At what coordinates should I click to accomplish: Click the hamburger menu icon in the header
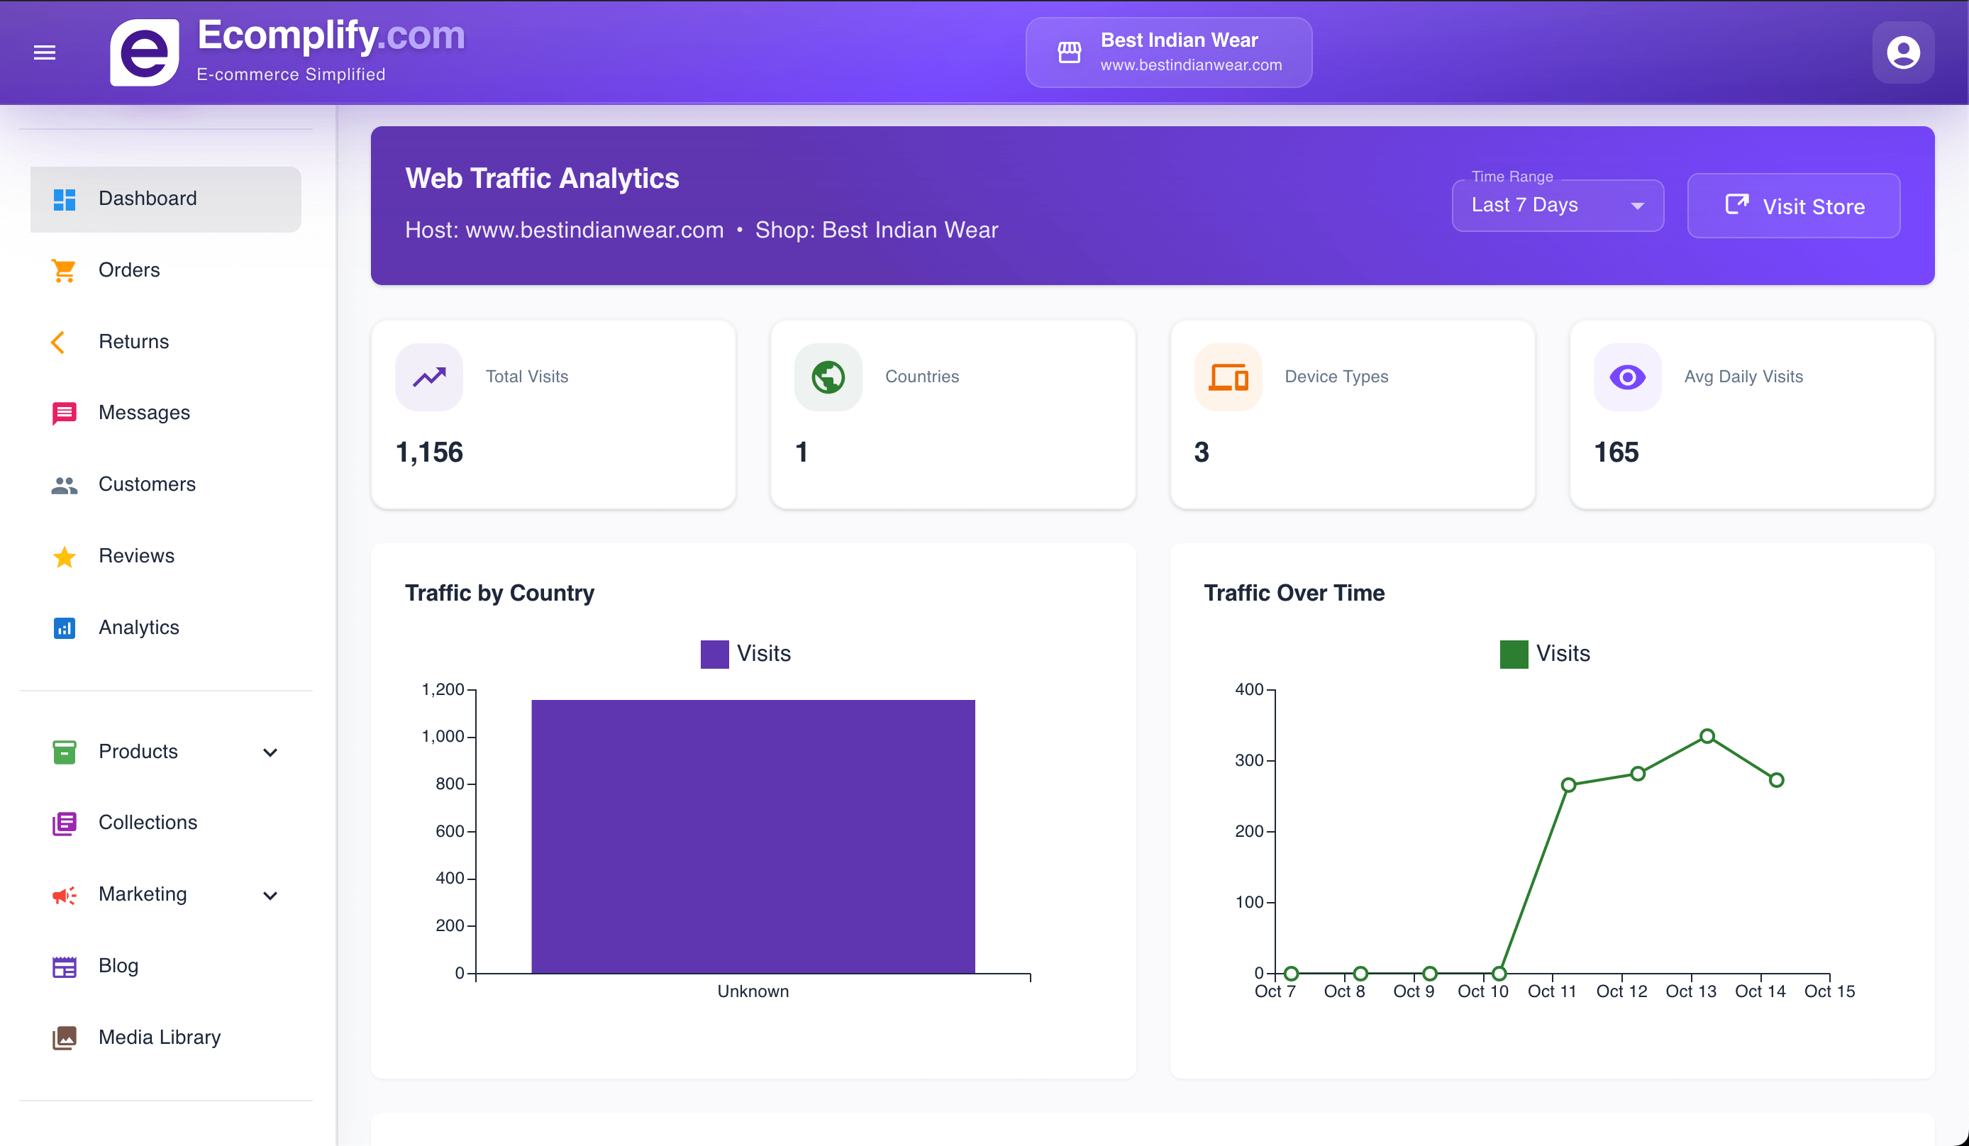45,52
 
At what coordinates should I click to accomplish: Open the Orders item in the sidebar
129,270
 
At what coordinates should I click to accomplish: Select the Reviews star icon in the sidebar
64,557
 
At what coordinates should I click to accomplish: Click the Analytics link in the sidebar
138,628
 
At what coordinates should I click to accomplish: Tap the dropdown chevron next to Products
270,752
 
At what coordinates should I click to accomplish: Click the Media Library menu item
160,1037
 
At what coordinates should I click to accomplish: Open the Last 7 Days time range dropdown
1557,206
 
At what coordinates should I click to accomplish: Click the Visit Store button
1793,206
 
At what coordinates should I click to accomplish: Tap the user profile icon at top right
1902,52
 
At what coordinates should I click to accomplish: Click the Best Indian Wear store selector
1168,52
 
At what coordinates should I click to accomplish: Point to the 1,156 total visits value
430,452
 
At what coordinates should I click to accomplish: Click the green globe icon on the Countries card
828,377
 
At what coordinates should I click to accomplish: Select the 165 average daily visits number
1616,452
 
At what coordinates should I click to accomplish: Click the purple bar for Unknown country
753,836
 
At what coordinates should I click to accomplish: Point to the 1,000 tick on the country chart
443,736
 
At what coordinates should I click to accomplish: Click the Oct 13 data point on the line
1707,736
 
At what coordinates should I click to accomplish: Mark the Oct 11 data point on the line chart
1568,785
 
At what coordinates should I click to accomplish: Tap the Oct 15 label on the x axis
1829,991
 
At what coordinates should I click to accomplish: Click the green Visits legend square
1514,654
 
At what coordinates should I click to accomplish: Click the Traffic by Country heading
499,593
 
